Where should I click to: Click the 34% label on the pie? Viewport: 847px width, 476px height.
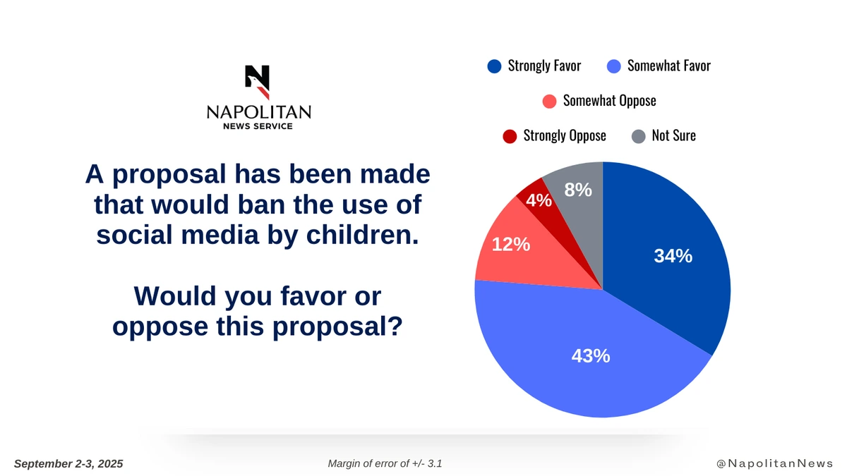tap(673, 257)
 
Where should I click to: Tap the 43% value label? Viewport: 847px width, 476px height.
tap(591, 356)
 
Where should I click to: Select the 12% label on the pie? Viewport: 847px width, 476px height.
tap(511, 244)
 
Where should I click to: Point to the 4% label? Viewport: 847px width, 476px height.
tap(539, 201)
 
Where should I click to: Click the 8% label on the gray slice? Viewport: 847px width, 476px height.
tap(578, 189)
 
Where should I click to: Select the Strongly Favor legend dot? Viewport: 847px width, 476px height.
tap(494, 66)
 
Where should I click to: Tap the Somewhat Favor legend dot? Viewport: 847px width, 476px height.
tap(614, 66)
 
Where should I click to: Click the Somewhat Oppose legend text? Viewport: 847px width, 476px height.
tap(609, 101)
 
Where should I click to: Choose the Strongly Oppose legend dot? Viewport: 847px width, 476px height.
tap(510, 136)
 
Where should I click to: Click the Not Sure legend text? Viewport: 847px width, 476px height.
tap(673, 135)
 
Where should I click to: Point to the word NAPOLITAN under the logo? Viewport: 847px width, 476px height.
tap(258, 112)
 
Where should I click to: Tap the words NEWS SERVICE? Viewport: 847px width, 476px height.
tap(258, 126)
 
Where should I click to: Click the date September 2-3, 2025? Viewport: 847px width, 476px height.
tap(68, 463)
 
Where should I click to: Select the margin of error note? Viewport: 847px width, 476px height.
tap(385, 463)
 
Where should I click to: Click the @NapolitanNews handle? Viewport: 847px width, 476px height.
tap(774, 463)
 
